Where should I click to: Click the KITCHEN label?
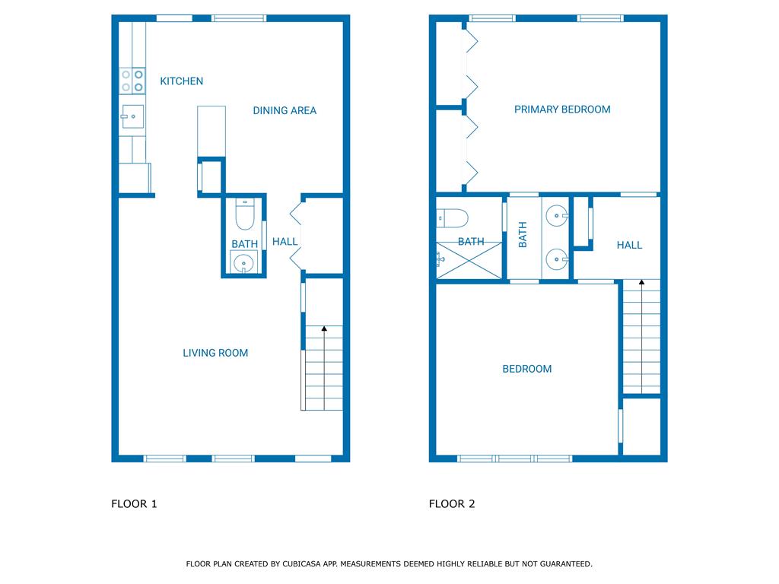coord(181,81)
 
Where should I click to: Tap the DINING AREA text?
coord(285,110)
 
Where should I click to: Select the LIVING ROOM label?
coord(215,353)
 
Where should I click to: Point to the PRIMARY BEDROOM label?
coord(562,109)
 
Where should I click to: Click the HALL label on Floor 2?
coord(629,245)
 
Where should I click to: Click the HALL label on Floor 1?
coord(285,241)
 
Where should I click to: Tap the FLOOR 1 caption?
coord(134,503)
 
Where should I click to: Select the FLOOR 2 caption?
coord(452,503)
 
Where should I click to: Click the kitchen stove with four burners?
coord(132,81)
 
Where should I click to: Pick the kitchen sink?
coord(132,116)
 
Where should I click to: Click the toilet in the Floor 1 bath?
coord(244,214)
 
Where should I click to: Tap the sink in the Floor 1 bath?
coord(243,262)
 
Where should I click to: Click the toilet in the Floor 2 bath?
coord(452,218)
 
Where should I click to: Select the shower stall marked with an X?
coord(469,260)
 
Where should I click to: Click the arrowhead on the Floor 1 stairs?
coord(324,328)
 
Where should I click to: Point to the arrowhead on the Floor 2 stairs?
coord(641,282)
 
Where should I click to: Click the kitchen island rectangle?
coord(211,132)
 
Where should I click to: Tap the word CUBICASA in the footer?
coord(303,563)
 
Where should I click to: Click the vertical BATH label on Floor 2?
coord(523,234)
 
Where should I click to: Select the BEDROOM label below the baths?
coord(526,369)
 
